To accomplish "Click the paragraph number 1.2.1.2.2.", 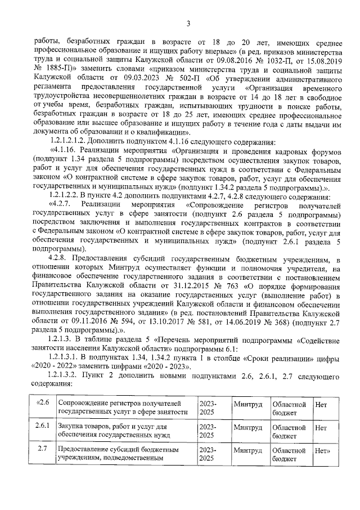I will click(70, 196).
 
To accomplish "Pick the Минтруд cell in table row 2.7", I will click(247, 451).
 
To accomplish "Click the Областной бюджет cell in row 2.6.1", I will click(287, 432).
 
